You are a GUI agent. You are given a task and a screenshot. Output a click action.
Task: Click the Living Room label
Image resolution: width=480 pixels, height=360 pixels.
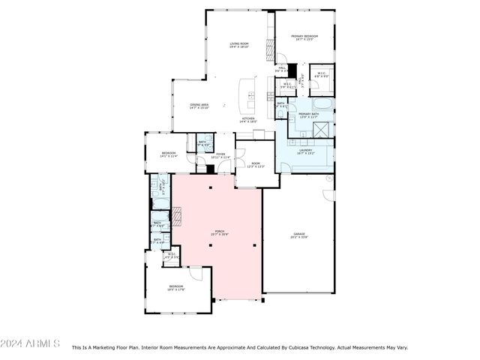238,46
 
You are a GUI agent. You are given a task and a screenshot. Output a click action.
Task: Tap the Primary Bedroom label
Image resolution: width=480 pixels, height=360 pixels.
305,37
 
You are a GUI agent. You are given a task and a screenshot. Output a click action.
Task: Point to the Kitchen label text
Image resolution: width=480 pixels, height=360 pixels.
248,119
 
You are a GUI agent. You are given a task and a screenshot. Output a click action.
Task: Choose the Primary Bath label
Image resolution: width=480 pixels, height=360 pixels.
309,115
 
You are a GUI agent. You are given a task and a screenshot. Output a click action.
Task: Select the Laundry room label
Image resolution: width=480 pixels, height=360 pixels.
305,152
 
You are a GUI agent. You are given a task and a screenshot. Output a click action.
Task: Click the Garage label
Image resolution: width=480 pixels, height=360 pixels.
299,238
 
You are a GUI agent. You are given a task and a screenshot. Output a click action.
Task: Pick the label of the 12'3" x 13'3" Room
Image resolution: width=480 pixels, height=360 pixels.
255,165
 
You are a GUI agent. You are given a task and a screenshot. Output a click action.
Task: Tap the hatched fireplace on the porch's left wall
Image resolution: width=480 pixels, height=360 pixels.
178,216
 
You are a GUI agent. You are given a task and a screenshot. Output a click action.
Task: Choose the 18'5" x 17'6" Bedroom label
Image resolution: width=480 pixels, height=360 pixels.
176,287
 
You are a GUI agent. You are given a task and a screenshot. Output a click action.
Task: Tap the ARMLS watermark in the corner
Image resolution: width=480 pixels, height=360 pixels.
30,343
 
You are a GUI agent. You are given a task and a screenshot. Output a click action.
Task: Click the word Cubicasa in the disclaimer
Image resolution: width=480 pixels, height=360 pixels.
300,348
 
